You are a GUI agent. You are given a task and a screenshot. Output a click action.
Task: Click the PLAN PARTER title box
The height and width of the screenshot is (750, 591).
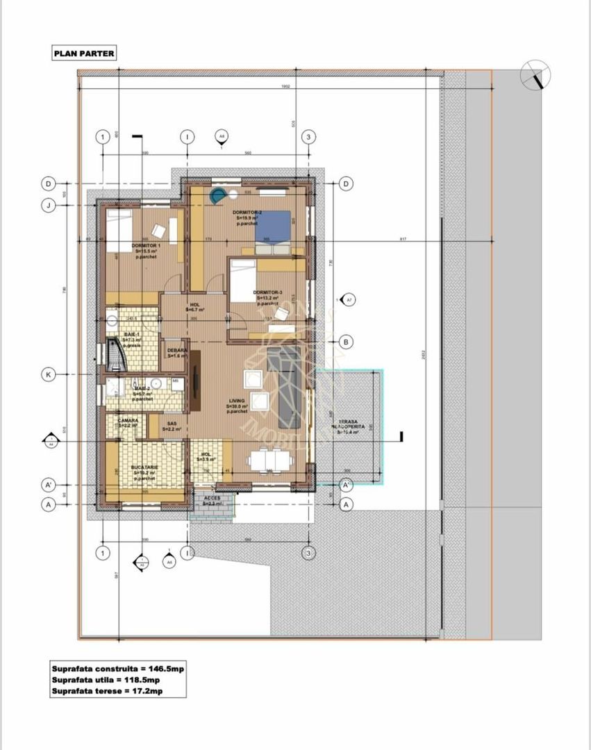(x=84, y=52)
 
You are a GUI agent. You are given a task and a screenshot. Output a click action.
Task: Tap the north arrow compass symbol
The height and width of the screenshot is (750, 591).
(x=535, y=74)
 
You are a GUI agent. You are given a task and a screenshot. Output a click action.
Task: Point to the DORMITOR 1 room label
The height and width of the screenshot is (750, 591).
(x=145, y=247)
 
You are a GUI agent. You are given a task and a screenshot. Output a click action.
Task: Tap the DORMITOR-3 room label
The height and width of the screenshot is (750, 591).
(x=268, y=293)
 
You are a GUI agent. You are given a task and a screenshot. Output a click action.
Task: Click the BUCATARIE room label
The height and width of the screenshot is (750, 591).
(x=144, y=468)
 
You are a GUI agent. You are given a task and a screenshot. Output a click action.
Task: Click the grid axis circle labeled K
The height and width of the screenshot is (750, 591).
(x=49, y=375)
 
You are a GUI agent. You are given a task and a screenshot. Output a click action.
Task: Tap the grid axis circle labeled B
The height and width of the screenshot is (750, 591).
(x=346, y=342)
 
